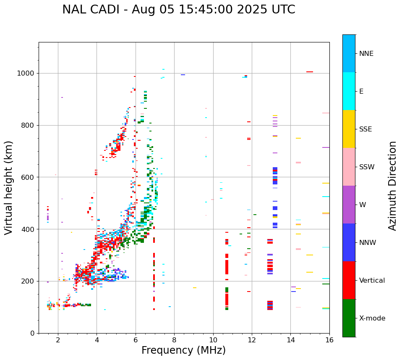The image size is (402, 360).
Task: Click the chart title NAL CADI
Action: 178,10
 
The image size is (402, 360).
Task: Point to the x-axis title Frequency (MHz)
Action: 183,350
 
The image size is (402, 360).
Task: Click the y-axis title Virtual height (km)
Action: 9,188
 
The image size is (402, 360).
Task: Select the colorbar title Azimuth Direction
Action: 392,186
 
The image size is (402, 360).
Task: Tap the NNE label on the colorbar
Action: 366,54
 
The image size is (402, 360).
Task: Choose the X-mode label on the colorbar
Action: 372,318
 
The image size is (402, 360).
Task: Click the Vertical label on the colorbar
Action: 372,281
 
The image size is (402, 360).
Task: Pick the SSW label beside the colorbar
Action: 367,167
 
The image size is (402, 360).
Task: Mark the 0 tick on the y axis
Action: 32,333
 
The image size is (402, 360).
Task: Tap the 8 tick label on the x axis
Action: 174,340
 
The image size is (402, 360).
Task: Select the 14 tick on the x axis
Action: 290,340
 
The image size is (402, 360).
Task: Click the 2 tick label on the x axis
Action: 58,340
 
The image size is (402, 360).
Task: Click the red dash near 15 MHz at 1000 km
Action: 310,72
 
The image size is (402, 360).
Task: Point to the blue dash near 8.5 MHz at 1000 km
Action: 183,75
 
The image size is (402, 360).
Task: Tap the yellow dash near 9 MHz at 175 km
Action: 195,288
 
